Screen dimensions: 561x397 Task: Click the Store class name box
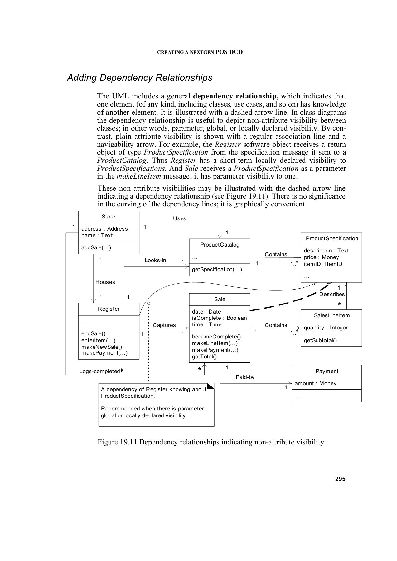click(108, 217)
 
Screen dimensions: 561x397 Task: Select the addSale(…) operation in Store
click(96, 248)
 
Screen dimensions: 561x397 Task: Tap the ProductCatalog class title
click(220, 245)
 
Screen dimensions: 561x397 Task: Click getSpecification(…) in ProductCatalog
click(217, 270)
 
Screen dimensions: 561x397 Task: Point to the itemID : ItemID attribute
click(323, 264)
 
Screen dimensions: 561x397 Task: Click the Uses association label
click(179, 218)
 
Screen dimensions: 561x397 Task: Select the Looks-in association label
click(155, 261)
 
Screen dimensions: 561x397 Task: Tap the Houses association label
click(105, 282)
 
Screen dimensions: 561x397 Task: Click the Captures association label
click(164, 325)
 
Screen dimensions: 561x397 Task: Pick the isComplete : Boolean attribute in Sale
click(219, 318)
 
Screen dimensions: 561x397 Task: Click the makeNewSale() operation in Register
click(101, 347)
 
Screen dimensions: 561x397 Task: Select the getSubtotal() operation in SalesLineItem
click(320, 340)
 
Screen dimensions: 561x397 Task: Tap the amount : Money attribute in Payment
click(315, 384)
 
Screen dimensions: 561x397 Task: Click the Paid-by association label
click(245, 377)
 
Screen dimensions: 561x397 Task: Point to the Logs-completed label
click(99, 371)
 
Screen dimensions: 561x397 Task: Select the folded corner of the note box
click(211, 386)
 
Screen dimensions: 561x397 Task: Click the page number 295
click(340, 479)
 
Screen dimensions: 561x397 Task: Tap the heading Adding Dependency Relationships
click(140, 78)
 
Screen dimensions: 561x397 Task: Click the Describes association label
click(332, 295)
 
